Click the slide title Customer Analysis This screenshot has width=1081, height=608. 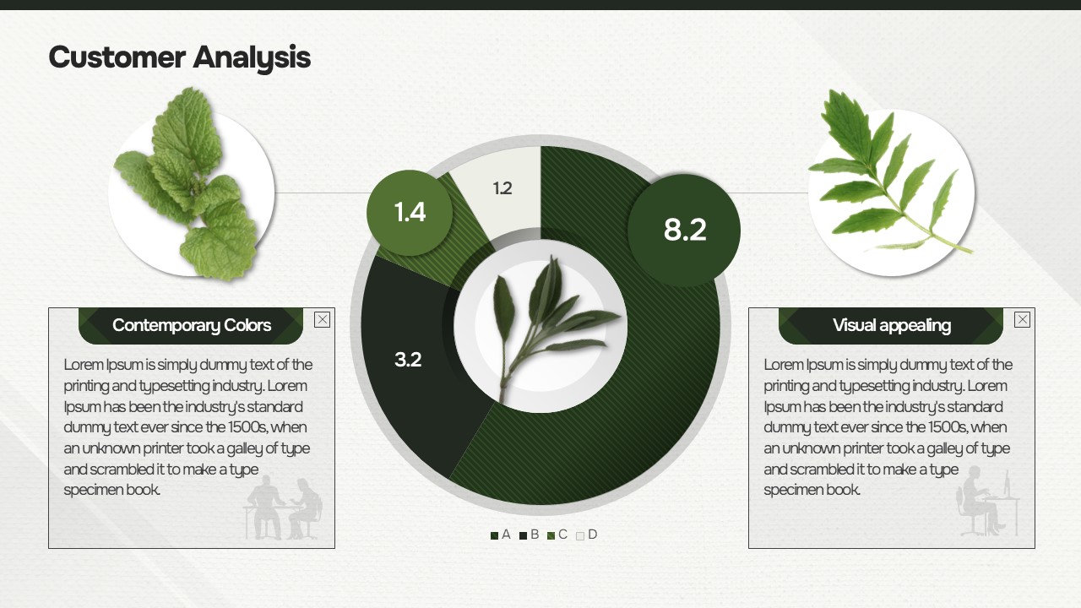pos(180,58)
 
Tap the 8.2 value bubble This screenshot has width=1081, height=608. pos(684,231)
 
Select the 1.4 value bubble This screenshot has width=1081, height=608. pos(410,212)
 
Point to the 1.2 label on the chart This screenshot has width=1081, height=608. pos(502,188)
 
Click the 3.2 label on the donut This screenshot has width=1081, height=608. pos(408,360)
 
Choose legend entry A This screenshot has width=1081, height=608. pos(501,535)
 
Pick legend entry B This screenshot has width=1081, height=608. pos(529,535)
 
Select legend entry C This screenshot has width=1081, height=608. pos(557,535)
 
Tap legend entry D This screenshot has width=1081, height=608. pos(587,535)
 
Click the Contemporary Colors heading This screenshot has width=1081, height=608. pos(191,325)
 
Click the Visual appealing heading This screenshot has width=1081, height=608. pos(891,326)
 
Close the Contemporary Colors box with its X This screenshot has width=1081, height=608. pos(322,319)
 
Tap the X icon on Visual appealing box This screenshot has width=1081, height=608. pos(1022,319)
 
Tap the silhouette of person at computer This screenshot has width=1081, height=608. pos(987,502)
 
